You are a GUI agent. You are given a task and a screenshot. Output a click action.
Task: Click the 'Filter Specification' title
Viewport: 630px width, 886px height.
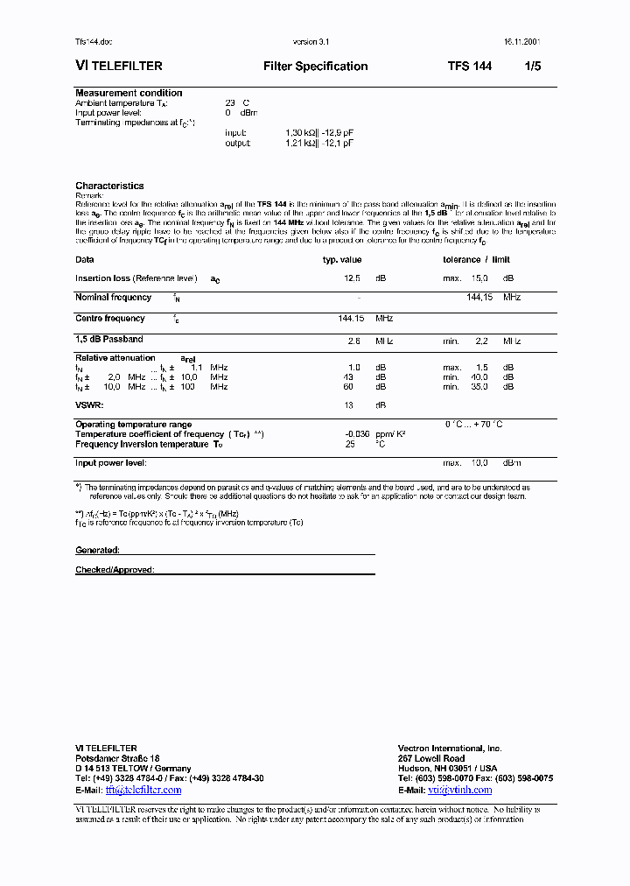tap(315, 67)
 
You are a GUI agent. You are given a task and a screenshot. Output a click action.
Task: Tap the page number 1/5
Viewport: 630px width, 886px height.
tap(533, 67)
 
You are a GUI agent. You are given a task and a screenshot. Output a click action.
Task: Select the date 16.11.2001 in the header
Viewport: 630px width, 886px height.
tap(522, 42)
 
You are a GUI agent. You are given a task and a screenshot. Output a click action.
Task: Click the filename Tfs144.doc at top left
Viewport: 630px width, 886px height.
tap(94, 42)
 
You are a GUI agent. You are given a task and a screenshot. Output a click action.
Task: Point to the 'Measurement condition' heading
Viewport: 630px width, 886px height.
tap(129, 93)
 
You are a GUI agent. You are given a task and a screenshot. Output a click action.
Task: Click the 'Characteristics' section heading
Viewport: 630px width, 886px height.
tap(109, 186)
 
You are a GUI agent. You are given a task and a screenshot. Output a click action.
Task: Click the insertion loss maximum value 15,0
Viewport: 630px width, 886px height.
tap(479, 278)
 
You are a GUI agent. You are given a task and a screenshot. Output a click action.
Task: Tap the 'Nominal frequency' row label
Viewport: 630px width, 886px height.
tap(110, 298)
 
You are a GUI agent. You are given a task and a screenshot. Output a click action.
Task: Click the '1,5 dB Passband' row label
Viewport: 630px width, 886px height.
tap(109, 339)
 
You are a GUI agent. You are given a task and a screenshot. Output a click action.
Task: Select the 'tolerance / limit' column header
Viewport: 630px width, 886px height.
tap(476, 260)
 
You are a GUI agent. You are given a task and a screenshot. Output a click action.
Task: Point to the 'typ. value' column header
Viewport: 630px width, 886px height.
tap(342, 260)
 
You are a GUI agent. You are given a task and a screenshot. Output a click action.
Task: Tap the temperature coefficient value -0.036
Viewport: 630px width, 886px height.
tap(357, 434)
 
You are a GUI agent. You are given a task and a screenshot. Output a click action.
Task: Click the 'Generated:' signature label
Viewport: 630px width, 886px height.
tap(97, 551)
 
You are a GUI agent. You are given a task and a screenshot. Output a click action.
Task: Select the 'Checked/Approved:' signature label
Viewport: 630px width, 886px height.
tap(115, 570)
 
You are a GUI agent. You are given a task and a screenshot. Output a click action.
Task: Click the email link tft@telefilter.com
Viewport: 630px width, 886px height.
tap(143, 790)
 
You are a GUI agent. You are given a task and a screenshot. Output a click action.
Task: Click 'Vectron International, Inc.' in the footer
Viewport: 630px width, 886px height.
tap(450, 749)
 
